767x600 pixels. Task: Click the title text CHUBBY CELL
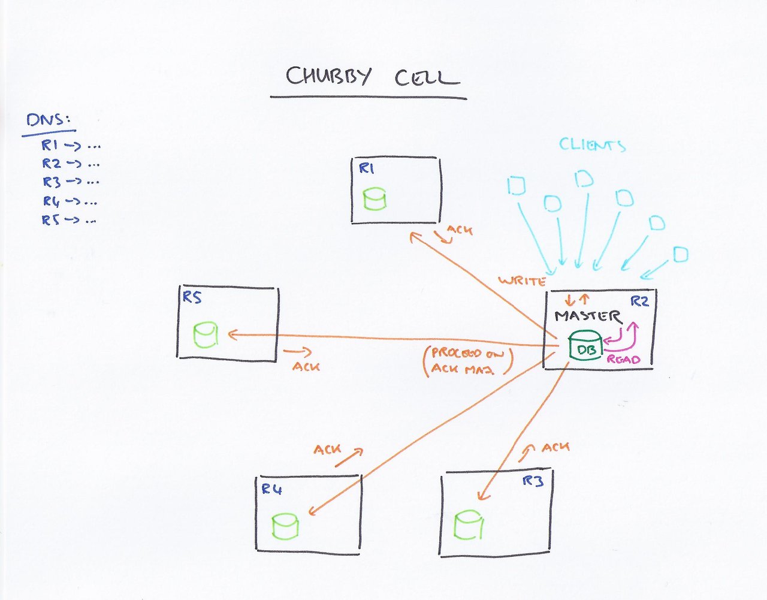[372, 78]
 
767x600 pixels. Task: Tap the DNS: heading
[49, 120]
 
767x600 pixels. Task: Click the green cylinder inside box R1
[375, 199]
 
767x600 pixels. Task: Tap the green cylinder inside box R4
[285, 526]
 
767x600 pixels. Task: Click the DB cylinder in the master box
[584, 346]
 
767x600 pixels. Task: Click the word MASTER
[587, 316]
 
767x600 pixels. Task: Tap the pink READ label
[624, 360]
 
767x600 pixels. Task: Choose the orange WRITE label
[521, 281]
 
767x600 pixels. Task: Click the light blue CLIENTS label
[592, 144]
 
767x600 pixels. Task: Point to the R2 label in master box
[640, 301]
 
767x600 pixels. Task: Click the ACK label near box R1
[460, 230]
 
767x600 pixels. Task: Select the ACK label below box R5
[306, 366]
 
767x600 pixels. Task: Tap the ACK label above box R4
[327, 449]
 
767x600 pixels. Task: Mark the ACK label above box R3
[555, 447]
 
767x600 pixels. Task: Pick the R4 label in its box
[271, 490]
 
